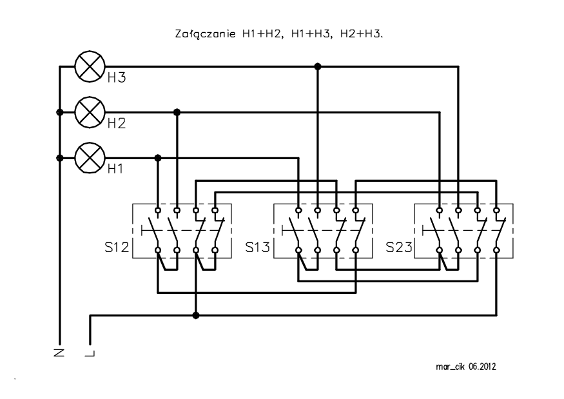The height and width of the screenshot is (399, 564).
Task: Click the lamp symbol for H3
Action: point(90,66)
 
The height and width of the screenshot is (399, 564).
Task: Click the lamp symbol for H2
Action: point(90,112)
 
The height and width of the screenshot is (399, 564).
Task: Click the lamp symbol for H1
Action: point(90,158)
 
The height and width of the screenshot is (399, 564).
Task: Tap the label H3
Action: point(117,78)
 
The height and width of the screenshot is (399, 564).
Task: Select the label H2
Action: point(117,123)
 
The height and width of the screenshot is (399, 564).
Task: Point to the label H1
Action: point(115,169)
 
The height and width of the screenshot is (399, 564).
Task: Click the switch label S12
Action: point(117,247)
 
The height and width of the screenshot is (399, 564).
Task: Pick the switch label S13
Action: point(257,247)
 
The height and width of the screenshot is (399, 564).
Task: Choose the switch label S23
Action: point(398,247)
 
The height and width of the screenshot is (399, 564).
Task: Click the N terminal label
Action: point(59,353)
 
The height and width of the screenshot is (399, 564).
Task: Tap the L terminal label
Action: point(90,353)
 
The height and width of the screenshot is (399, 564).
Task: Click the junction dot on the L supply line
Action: point(196,316)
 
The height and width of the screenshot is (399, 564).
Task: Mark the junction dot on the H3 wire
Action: point(318,66)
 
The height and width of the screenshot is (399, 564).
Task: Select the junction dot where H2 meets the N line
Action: point(60,112)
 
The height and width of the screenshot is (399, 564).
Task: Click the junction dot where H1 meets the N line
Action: point(60,158)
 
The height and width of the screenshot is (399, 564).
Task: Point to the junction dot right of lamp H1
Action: point(157,158)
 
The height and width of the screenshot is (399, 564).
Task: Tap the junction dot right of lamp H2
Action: point(177,112)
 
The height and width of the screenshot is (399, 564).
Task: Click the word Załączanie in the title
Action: point(206,34)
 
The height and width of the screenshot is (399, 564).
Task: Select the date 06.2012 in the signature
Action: point(482,367)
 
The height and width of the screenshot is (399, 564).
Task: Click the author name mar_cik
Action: point(450,367)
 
